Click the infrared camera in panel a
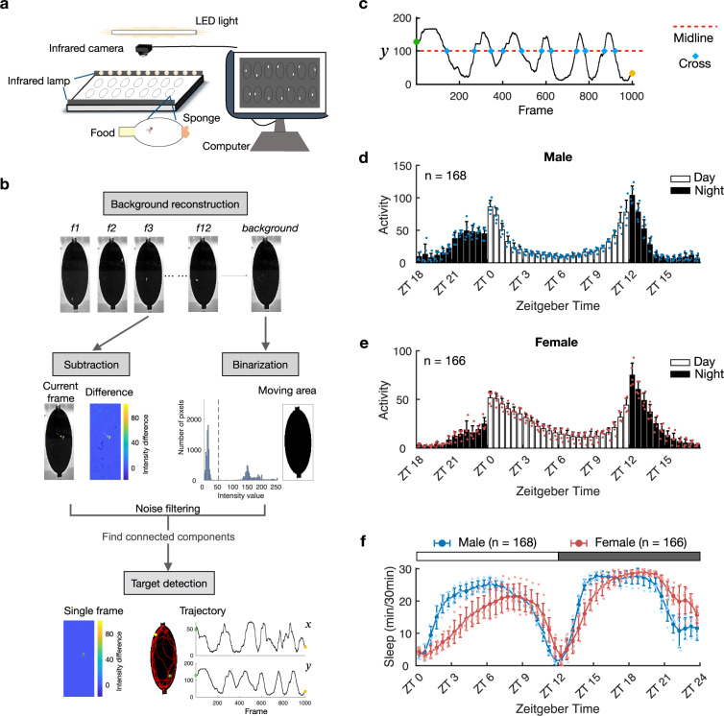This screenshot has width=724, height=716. pos(148,47)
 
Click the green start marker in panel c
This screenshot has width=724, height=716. pos(417,41)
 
